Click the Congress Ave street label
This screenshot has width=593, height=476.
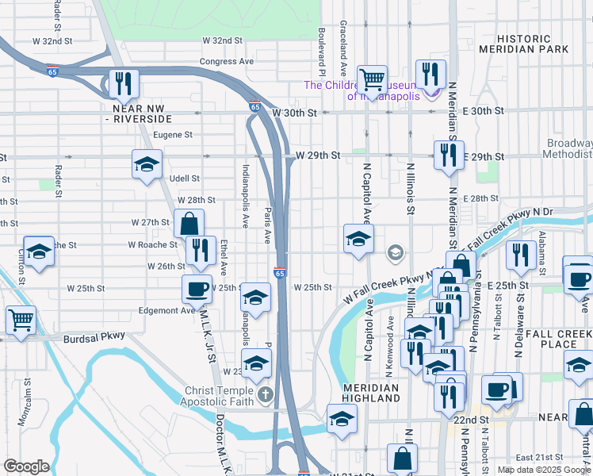[x=227, y=61]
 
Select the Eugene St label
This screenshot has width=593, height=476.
[x=173, y=135]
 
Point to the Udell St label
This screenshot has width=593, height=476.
[x=184, y=178]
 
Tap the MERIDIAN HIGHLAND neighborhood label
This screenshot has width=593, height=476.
[x=370, y=393]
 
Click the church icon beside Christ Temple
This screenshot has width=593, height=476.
[x=267, y=393]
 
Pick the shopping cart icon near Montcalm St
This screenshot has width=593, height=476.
[x=21, y=320]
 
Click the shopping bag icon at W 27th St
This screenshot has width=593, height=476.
[x=189, y=223]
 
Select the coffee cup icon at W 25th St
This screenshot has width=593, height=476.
[x=197, y=289]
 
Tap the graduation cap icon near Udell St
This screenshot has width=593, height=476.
[x=147, y=164]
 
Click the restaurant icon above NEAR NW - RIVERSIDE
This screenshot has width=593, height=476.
[x=124, y=83]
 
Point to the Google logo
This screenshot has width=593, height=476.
[x=26, y=466]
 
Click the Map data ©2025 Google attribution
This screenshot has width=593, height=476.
[x=543, y=470]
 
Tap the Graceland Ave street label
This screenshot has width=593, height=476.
[x=343, y=41]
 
